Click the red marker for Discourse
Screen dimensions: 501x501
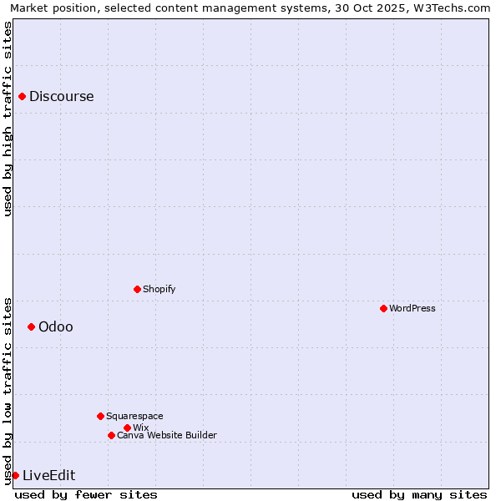(22, 97)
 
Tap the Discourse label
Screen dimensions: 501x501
(61, 97)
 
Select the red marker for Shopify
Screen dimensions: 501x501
(137, 289)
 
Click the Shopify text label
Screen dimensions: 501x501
(159, 289)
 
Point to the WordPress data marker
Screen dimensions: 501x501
(383, 308)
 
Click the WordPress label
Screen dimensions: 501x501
(412, 308)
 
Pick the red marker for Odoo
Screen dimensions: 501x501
(31, 326)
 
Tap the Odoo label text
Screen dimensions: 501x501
(55, 326)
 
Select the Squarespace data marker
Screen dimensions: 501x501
(100, 416)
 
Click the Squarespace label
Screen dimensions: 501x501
(134, 416)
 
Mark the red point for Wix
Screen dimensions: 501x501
(127, 428)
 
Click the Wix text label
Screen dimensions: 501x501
(140, 428)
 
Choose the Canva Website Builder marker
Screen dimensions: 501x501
(111, 435)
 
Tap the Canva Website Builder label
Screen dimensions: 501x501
(166, 435)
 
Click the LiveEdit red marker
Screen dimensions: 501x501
(15, 475)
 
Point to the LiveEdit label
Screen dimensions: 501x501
(48, 476)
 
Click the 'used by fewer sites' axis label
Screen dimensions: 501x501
(86, 494)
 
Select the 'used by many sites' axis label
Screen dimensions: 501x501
(419, 494)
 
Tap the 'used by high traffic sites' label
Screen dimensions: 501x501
(8, 119)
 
